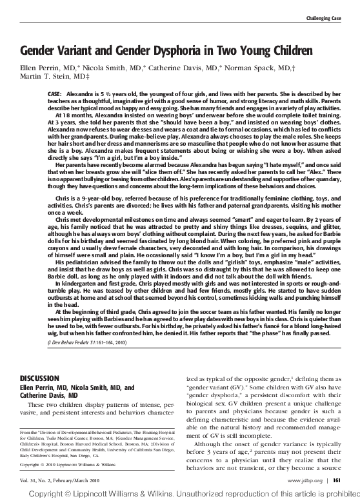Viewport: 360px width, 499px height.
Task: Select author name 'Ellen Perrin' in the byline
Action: pyautogui.click(x=39, y=67)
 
